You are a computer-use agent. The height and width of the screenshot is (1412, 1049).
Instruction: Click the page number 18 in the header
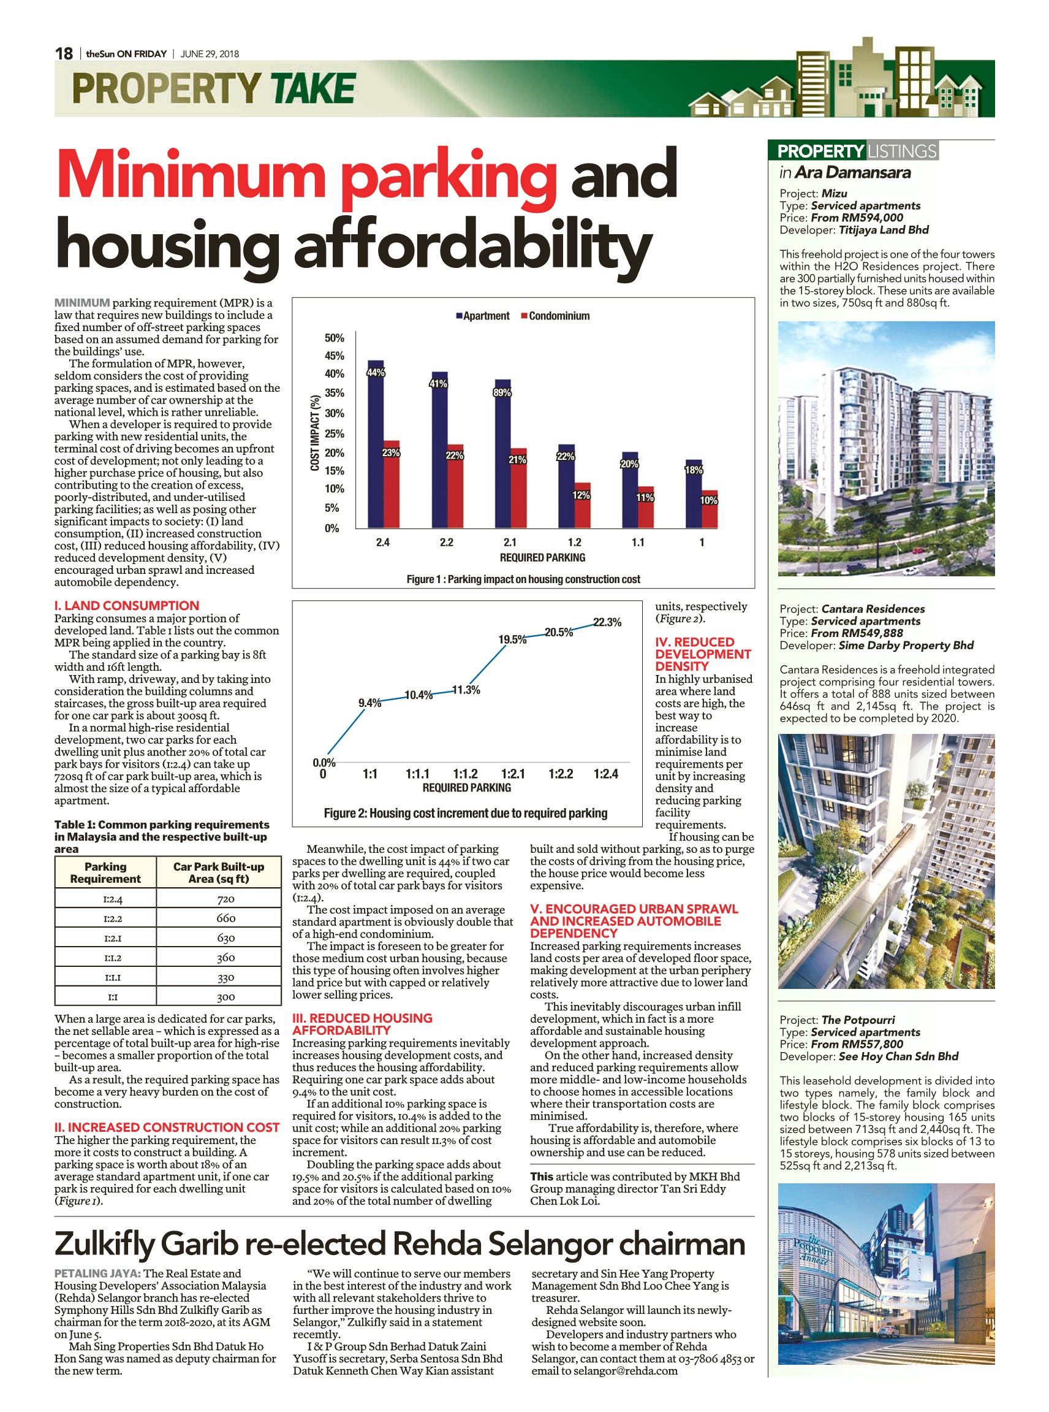pyautogui.click(x=64, y=53)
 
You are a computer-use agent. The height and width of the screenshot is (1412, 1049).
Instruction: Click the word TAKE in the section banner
pyautogui.click(x=312, y=88)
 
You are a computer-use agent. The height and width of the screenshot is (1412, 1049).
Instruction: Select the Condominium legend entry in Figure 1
pyautogui.click(x=555, y=316)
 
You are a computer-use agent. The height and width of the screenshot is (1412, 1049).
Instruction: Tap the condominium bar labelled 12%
pyautogui.click(x=582, y=505)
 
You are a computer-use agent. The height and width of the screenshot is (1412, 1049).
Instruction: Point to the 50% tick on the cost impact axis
pyautogui.click(x=334, y=337)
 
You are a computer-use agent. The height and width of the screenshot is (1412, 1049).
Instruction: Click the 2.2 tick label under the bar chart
pyautogui.click(x=447, y=542)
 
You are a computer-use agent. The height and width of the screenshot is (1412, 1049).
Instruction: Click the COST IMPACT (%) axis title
pyautogui.click(x=314, y=433)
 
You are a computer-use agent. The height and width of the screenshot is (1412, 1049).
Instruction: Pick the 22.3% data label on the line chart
pyautogui.click(x=607, y=622)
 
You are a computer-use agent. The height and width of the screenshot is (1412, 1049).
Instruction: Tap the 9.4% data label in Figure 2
pyautogui.click(x=369, y=703)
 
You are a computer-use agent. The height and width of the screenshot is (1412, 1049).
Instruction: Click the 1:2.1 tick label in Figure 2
pyautogui.click(x=512, y=773)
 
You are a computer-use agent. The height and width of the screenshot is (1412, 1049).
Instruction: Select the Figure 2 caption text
pyautogui.click(x=466, y=813)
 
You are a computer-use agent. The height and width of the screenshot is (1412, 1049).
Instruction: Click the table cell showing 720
pyautogui.click(x=225, y=899)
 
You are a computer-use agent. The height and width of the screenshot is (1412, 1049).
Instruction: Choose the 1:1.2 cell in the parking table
pyautogui.click(x=112, y=958)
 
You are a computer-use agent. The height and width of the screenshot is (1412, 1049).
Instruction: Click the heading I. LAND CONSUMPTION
pyautogui.click(x=126, y=606)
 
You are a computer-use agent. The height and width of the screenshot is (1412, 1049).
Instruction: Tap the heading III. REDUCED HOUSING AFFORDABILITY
pyautogui.click(x=362, y=1024)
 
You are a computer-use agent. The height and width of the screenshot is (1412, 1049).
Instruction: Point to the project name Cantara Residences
pyautogui.click(x=873, y=609)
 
